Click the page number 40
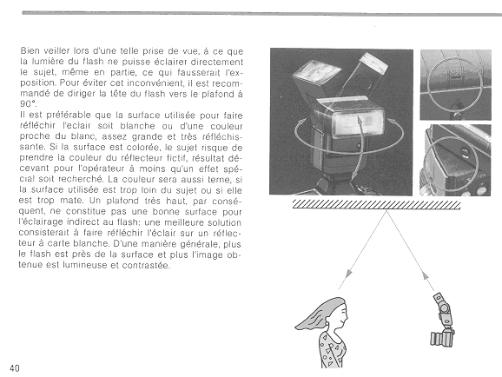(x=15, y=368)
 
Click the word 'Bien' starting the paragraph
(x=30, y=51)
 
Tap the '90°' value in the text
(x=27, y=103)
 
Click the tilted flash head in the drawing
(x=439, y=299)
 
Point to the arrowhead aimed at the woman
(x=348, y=274)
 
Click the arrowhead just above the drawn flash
(x=425, y=275)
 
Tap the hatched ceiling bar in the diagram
(x=377, y=204)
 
